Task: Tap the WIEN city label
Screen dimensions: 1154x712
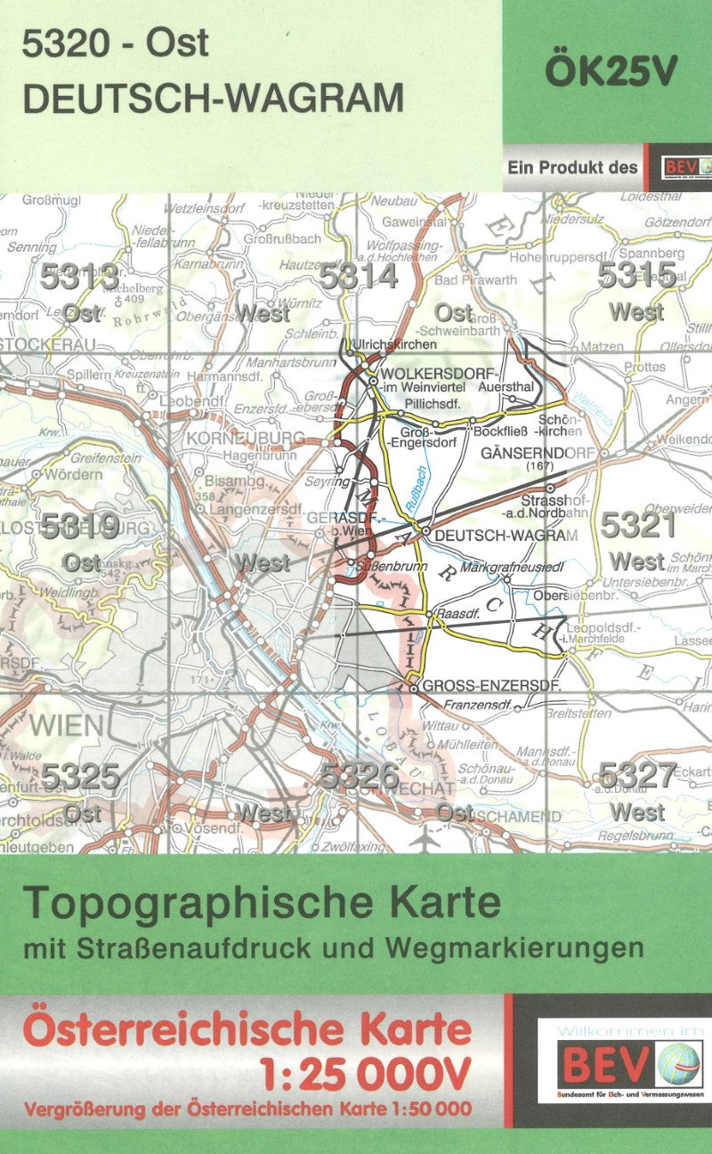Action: [x=66, y=725]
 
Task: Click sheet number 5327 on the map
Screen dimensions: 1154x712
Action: [x=638, y=775]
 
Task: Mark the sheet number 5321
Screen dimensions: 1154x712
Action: [x=638, y=526]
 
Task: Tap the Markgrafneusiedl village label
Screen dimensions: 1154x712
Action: [x=514, y=566]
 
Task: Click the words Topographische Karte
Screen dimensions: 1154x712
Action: [x=263, y=904]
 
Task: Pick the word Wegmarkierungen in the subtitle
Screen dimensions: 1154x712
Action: [x=551, y=947]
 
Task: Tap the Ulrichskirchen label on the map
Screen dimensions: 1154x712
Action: [x=394, y=344]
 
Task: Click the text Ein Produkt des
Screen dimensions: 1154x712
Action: [x=573, y=166]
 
